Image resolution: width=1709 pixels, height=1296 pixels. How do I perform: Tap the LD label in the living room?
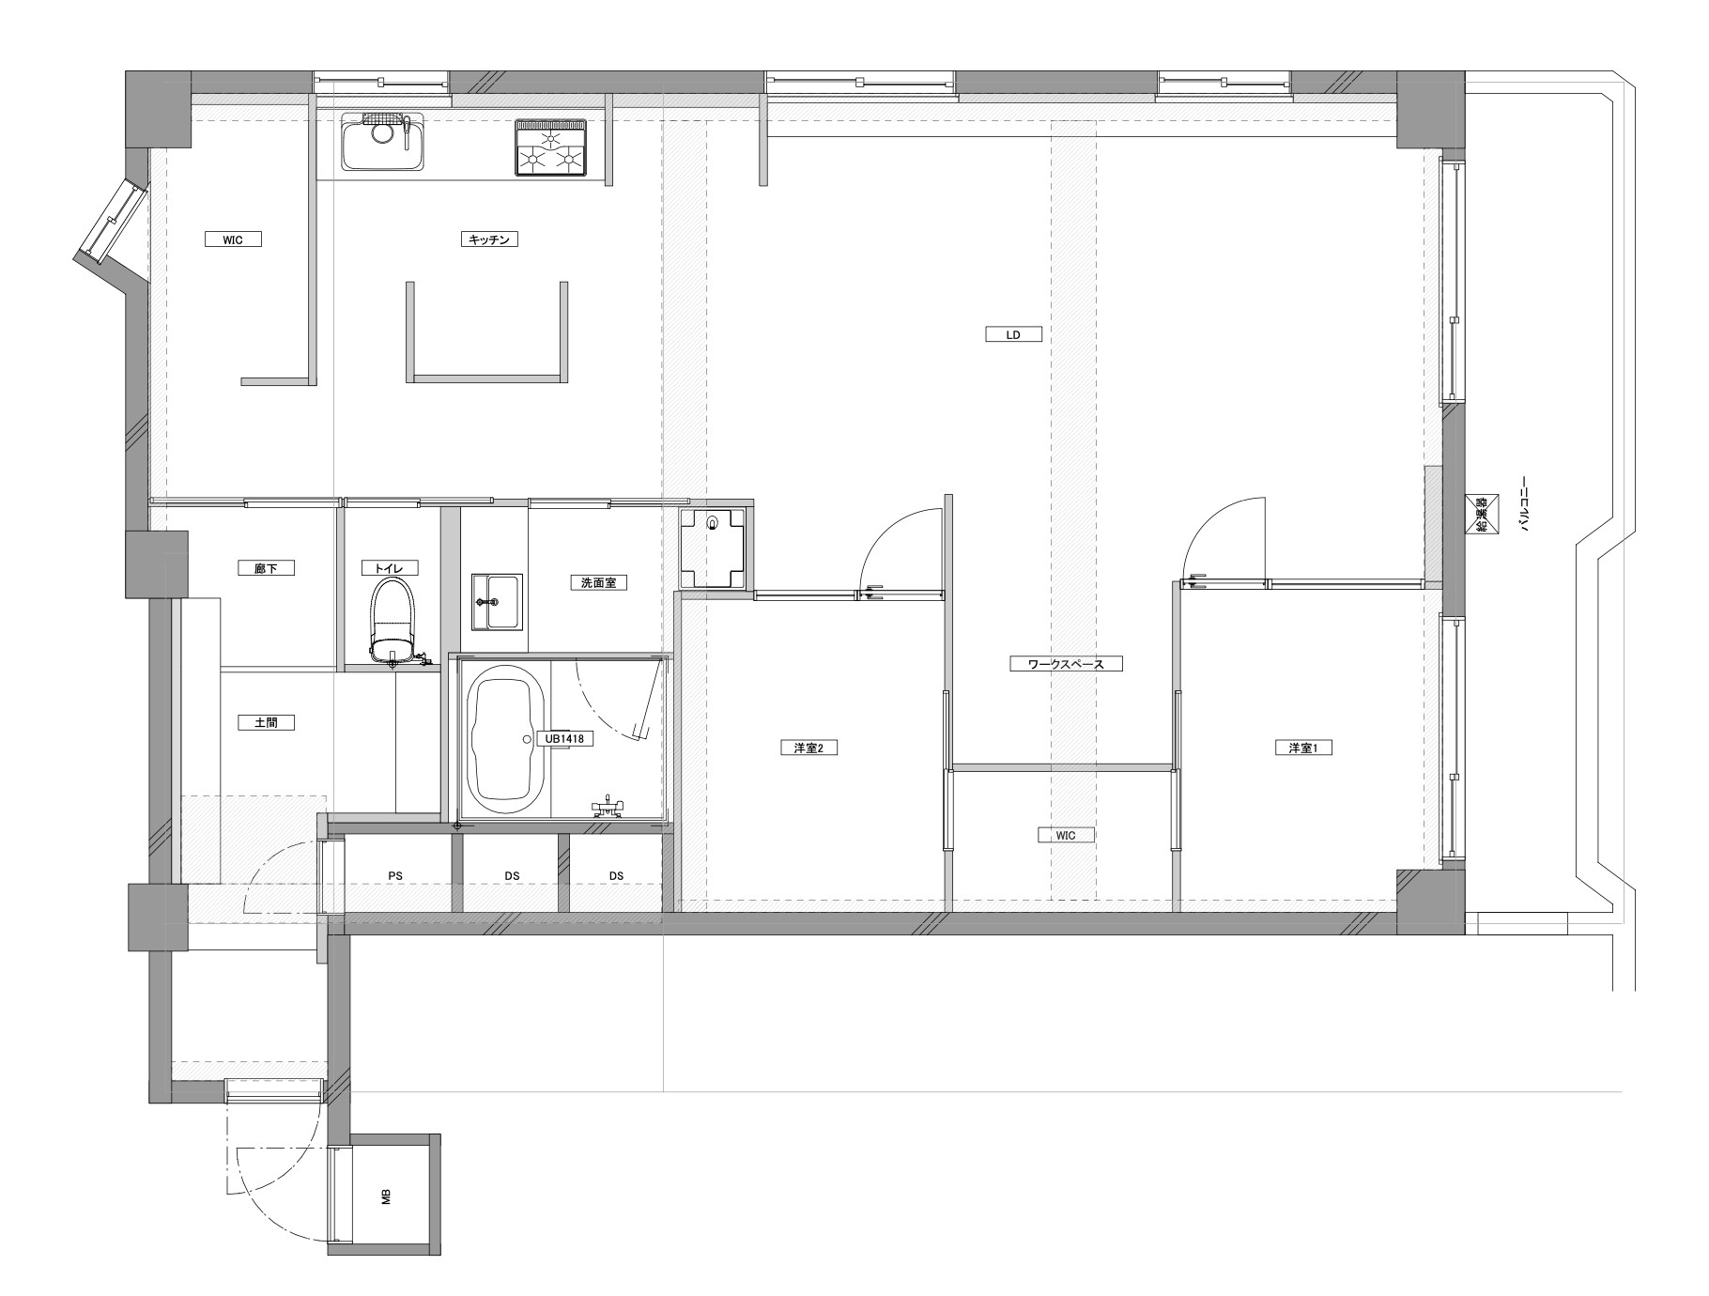[1013, 334]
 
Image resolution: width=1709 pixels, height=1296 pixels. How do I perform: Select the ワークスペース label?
[1066, 664]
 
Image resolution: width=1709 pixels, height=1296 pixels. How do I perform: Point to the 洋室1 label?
[1304, 748]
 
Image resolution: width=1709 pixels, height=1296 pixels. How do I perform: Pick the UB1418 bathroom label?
[564, 739]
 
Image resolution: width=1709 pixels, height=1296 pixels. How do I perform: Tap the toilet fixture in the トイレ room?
[393, 621]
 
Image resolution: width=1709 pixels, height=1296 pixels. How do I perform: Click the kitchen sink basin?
[382, 142]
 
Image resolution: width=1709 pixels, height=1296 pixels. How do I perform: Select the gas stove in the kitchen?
[550, 148]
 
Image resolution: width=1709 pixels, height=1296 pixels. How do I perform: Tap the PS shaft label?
[396, 876]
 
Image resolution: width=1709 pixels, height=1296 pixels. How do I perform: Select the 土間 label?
[267, 722]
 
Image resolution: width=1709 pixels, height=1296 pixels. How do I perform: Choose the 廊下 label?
[267, 568]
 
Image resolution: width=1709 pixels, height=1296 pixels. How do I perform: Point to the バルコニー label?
[1525, 503]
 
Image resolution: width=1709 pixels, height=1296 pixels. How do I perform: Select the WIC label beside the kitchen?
[233, 239]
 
